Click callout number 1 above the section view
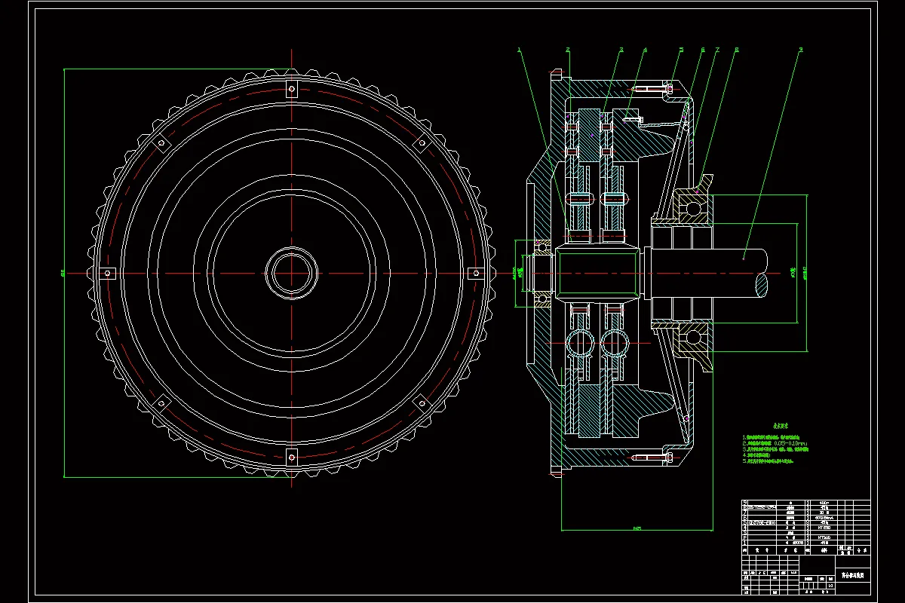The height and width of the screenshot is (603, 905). (520, 50)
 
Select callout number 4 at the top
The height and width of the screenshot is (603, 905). (646, 50)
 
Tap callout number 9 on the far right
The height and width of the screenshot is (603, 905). (801, 50)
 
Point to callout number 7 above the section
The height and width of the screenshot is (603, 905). (717, 50)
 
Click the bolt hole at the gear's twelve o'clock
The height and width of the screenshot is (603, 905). (292, 90)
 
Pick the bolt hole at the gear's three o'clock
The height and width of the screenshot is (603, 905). (475, 273)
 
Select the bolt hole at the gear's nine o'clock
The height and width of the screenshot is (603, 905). (108, 273)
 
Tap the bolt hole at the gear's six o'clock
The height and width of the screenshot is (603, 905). (292, 455)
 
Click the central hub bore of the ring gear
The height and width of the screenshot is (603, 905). (292, 273)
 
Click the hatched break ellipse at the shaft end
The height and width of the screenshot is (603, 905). (762, 284)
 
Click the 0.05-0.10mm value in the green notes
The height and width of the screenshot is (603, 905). (793, 443)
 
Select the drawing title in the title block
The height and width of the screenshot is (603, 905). (852, 574)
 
